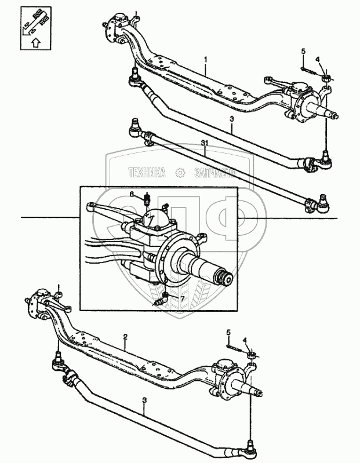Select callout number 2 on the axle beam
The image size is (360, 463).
[125, 337]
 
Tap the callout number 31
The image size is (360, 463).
[204, 143]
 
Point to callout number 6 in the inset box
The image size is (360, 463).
[132, 194]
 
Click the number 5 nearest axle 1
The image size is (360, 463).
[303, 53]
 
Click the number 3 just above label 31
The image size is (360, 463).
[231, 119]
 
